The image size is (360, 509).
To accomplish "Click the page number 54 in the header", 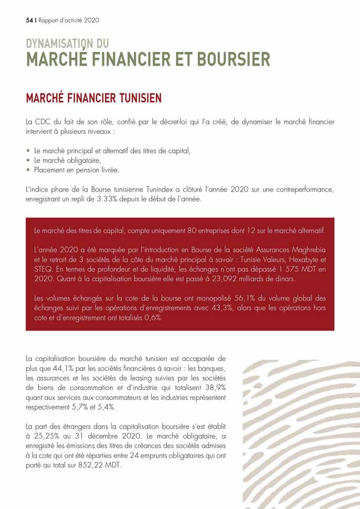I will click(29, 20).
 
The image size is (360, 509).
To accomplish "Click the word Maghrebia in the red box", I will click(306, 249).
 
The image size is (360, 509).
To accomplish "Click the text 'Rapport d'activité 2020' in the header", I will click(69, 20).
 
